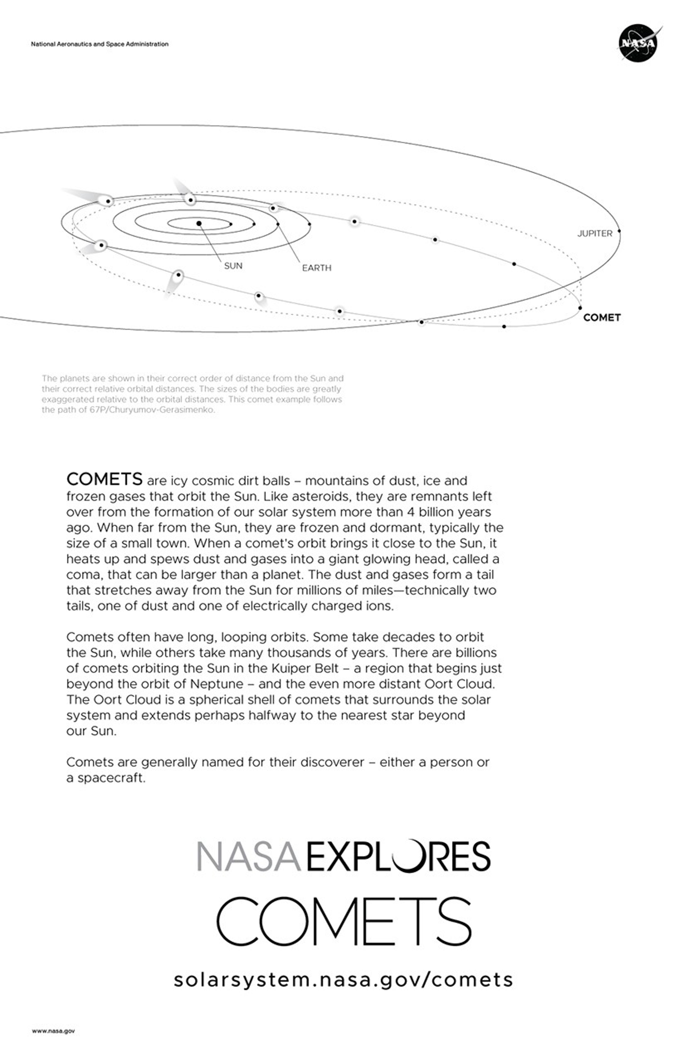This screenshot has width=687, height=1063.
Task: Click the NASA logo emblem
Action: point(638,43)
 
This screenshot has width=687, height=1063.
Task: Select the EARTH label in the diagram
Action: point(317,268)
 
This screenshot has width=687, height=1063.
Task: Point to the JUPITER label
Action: point(595,234)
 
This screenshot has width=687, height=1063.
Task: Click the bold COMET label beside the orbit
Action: point(602,317)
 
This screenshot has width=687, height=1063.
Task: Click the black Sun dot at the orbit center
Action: point(199,223)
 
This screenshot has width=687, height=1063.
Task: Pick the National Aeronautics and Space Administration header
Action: point(99,44)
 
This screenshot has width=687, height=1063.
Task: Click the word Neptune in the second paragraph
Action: point(217,684)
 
